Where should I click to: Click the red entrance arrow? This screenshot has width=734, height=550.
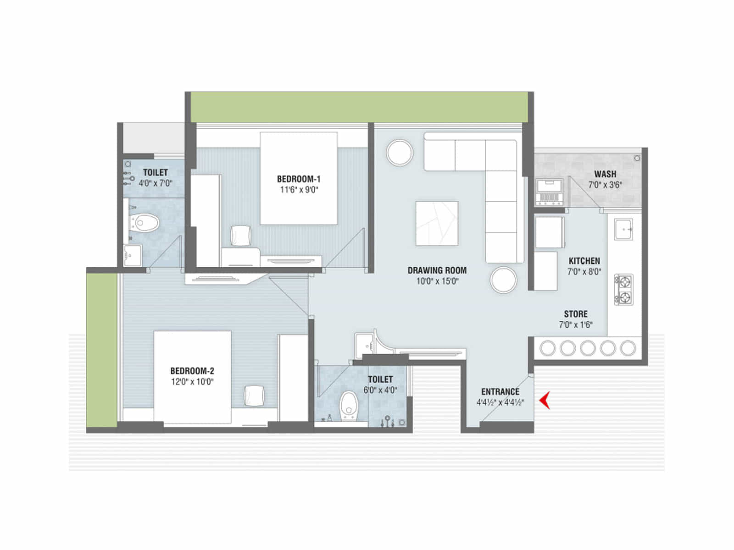[x=545, y=401]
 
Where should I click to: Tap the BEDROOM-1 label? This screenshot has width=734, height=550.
[x=299, y=179]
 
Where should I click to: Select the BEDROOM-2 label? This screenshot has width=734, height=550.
[x=192, y=371]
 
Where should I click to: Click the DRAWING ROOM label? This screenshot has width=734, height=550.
[x=437, y=270]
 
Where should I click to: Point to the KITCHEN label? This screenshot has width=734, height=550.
[x=584, y=261]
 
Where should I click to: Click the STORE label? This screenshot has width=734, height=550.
[x=576, y=314]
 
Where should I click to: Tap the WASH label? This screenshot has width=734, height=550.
[x=605, y=174]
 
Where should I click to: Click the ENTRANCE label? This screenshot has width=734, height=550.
[x=500, y=392]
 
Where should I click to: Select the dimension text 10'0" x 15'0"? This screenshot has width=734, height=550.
[x=437, y=281]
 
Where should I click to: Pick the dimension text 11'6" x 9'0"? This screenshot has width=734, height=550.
[x=299, y=190]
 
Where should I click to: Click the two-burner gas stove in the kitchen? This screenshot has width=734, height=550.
[x=624, y=290]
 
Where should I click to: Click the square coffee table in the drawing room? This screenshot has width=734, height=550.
[x=437, y=223]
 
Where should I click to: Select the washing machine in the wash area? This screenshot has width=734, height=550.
[x=549, y=192]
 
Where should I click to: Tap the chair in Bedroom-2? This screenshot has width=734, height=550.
[x=254, y=396]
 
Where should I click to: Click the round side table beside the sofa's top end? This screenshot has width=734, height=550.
[x=400, y=152]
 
